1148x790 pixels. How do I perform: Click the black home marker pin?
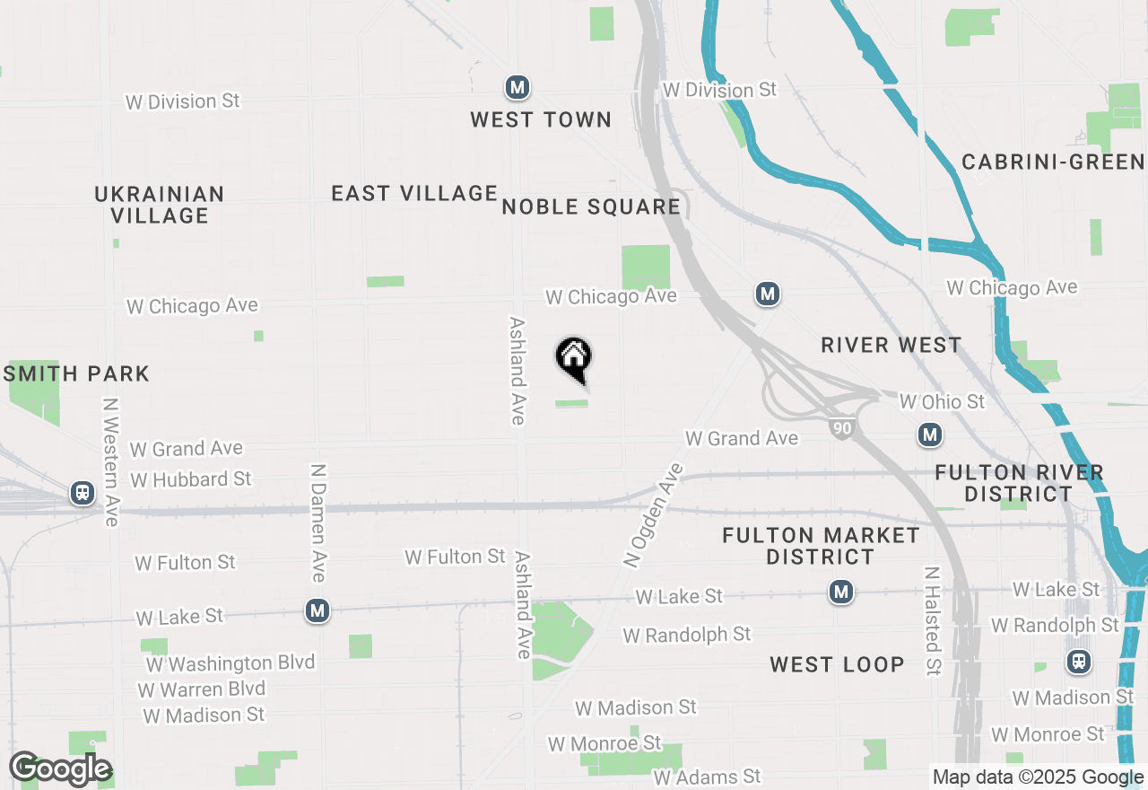574,358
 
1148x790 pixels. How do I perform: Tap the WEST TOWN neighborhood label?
541,119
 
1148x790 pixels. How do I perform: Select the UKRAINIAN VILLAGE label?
160,205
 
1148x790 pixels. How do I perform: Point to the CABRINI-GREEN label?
1053,162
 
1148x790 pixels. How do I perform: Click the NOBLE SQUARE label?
591,206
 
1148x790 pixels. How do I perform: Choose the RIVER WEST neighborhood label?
891,345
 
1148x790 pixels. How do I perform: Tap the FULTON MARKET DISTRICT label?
821,546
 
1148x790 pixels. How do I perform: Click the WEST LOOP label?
837,664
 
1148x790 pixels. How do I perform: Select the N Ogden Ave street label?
653,514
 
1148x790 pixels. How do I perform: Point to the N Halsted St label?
933,620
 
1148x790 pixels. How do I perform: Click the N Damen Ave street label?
317,522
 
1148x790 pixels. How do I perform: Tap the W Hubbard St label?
190,479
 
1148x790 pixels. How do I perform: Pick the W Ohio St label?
942,401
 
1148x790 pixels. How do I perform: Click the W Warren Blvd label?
202,689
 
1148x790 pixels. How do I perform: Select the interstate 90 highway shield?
841,429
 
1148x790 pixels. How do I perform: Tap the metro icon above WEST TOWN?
517,87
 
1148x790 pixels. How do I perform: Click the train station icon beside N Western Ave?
83,492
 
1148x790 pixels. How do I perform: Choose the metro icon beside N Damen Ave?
317,610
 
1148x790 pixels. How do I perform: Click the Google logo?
60,769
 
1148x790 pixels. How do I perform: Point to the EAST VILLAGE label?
414,193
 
